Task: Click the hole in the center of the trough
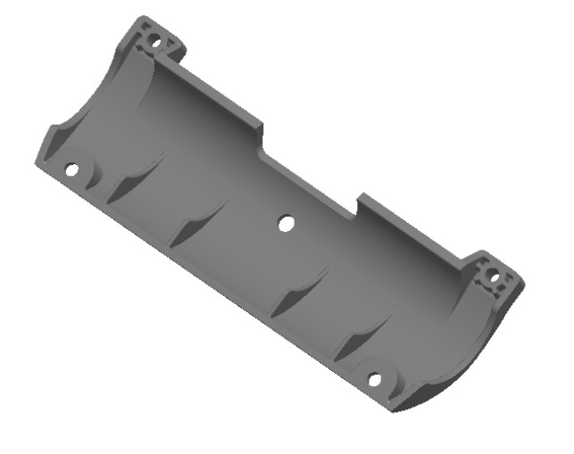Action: tap(286, 224)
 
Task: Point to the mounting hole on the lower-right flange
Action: tap(375, 380)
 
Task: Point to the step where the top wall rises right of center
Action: tap(360, 204)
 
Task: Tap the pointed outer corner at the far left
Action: tap(37, 162)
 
